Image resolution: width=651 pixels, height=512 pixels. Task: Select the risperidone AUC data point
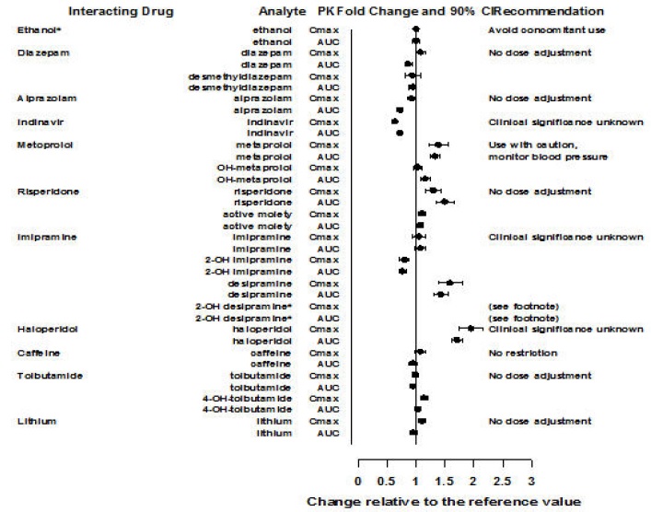coord(445,202)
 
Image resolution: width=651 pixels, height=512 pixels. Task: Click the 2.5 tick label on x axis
coord(502,481)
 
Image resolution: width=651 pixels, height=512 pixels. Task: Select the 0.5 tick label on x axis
coord(387,481)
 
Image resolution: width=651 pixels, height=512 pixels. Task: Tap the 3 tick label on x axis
coord(531,481)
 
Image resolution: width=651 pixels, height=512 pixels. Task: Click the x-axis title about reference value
coord(443,502)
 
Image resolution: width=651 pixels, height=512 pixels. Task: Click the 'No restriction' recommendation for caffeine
coord(523,352)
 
